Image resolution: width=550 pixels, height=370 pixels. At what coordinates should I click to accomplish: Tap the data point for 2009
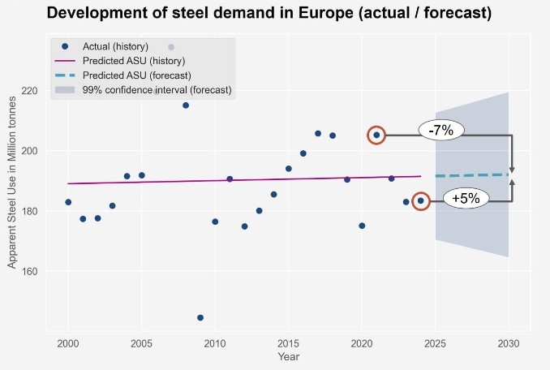click(200, 317)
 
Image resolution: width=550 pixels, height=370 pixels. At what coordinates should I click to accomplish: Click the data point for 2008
click(186, 105)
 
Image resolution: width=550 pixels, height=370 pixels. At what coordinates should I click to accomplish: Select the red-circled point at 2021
click(376, 135)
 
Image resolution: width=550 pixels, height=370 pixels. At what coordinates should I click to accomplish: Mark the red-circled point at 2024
click(420, 200)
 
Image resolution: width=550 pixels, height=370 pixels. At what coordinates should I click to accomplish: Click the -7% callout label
click(441, 130)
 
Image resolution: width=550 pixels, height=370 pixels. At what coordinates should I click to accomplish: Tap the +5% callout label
click(466, 198)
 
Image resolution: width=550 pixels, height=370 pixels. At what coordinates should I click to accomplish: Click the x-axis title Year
click(288, 357)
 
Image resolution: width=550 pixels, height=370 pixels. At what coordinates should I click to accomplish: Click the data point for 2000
click(68, 202)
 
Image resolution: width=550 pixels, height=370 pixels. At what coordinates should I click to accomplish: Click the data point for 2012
click(244, 226)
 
